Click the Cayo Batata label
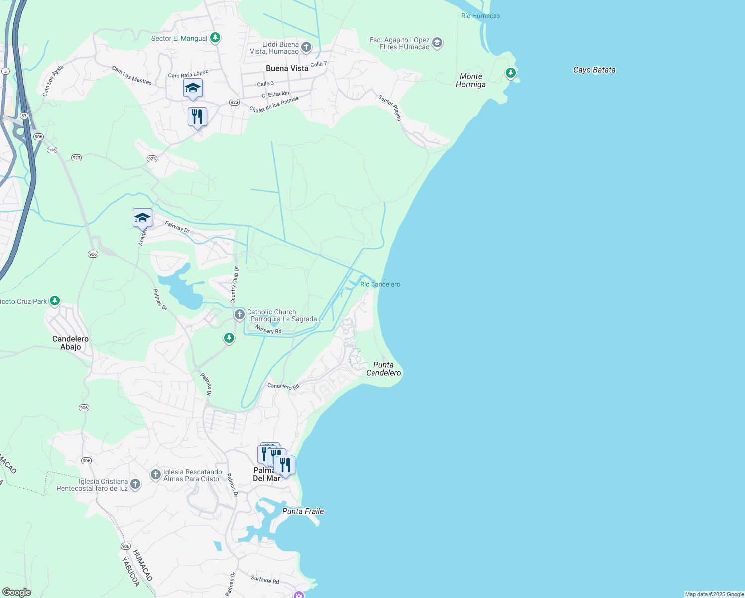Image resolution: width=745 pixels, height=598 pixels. pos(594,70)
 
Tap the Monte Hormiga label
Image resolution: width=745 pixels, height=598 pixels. pos(471,80)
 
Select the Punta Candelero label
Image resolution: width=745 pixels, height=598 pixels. pos(383,369)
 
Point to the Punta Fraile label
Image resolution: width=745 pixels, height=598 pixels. pos(303,511)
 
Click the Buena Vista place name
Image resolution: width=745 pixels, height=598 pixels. pos(287,68)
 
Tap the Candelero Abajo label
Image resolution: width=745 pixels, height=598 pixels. pos(70,343)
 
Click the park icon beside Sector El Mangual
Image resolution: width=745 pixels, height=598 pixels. pos(215,37)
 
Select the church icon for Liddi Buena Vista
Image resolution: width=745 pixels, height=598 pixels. pos(306,47)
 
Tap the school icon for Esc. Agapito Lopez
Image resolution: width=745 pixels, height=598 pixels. pos(437,43)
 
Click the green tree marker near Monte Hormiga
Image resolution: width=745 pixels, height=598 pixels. pos(510,73)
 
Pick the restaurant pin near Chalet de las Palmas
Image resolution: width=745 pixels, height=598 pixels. pos(197,117)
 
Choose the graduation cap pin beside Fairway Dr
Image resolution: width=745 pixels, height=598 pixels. pos(142,218)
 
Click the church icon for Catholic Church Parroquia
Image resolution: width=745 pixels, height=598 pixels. pos(240,314)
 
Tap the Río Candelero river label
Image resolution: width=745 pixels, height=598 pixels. pos(380,284)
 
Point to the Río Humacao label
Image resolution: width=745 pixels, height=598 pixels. pos(480,16)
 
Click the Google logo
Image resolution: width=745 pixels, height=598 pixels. pos(17,592)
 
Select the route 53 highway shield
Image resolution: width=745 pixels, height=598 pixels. pos(24,116)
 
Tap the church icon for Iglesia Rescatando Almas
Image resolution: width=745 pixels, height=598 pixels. pos(156,474)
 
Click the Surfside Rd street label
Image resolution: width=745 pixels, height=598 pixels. pos(265,580)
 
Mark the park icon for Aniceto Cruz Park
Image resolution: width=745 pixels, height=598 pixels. pos(55,300)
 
